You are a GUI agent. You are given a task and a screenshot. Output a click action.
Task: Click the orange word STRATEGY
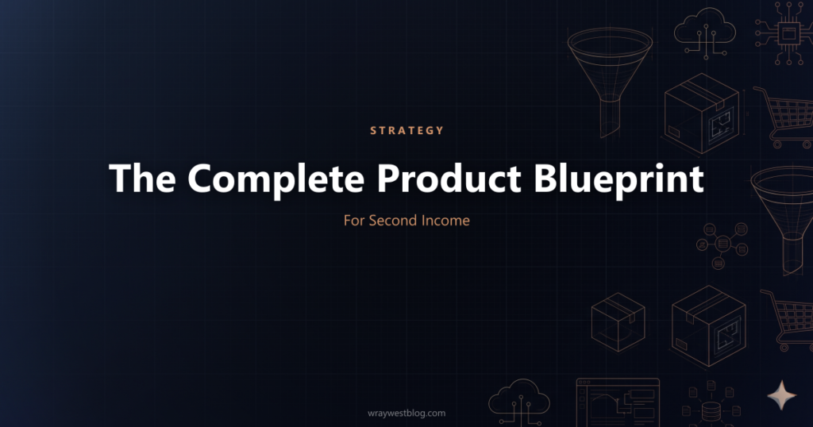[406, 130]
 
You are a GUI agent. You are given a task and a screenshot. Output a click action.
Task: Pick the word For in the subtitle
[354, 220]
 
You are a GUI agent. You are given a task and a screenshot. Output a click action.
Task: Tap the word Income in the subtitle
[448, 220]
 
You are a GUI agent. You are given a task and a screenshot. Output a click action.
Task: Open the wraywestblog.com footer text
[406, 413]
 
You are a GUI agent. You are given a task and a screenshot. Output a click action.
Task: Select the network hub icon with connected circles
[722, 239]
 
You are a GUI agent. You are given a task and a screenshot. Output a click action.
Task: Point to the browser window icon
[618, 402]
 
